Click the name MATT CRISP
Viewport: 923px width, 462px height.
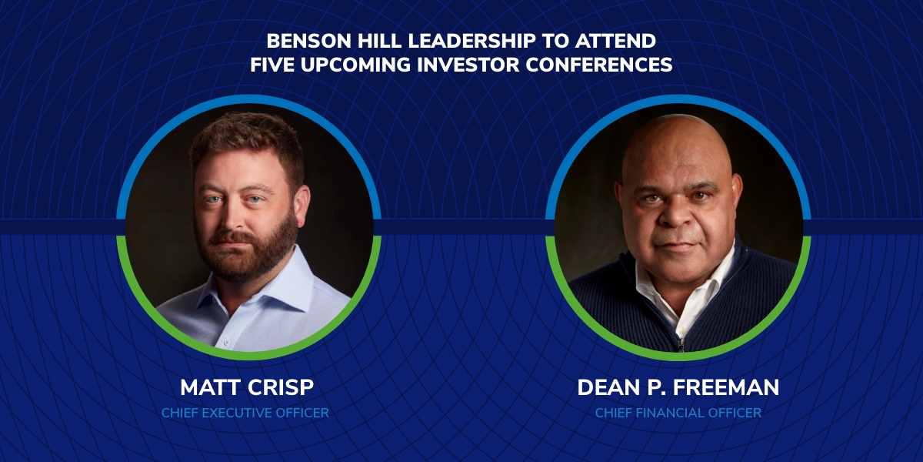point(247,388)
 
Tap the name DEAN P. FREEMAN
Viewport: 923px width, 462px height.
point(678,388)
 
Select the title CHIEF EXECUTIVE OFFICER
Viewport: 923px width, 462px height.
point(245,413)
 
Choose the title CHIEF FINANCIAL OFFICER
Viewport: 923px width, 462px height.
point(678,413)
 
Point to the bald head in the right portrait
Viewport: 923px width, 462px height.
point(677,145)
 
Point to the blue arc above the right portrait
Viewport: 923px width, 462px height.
point(678,99)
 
